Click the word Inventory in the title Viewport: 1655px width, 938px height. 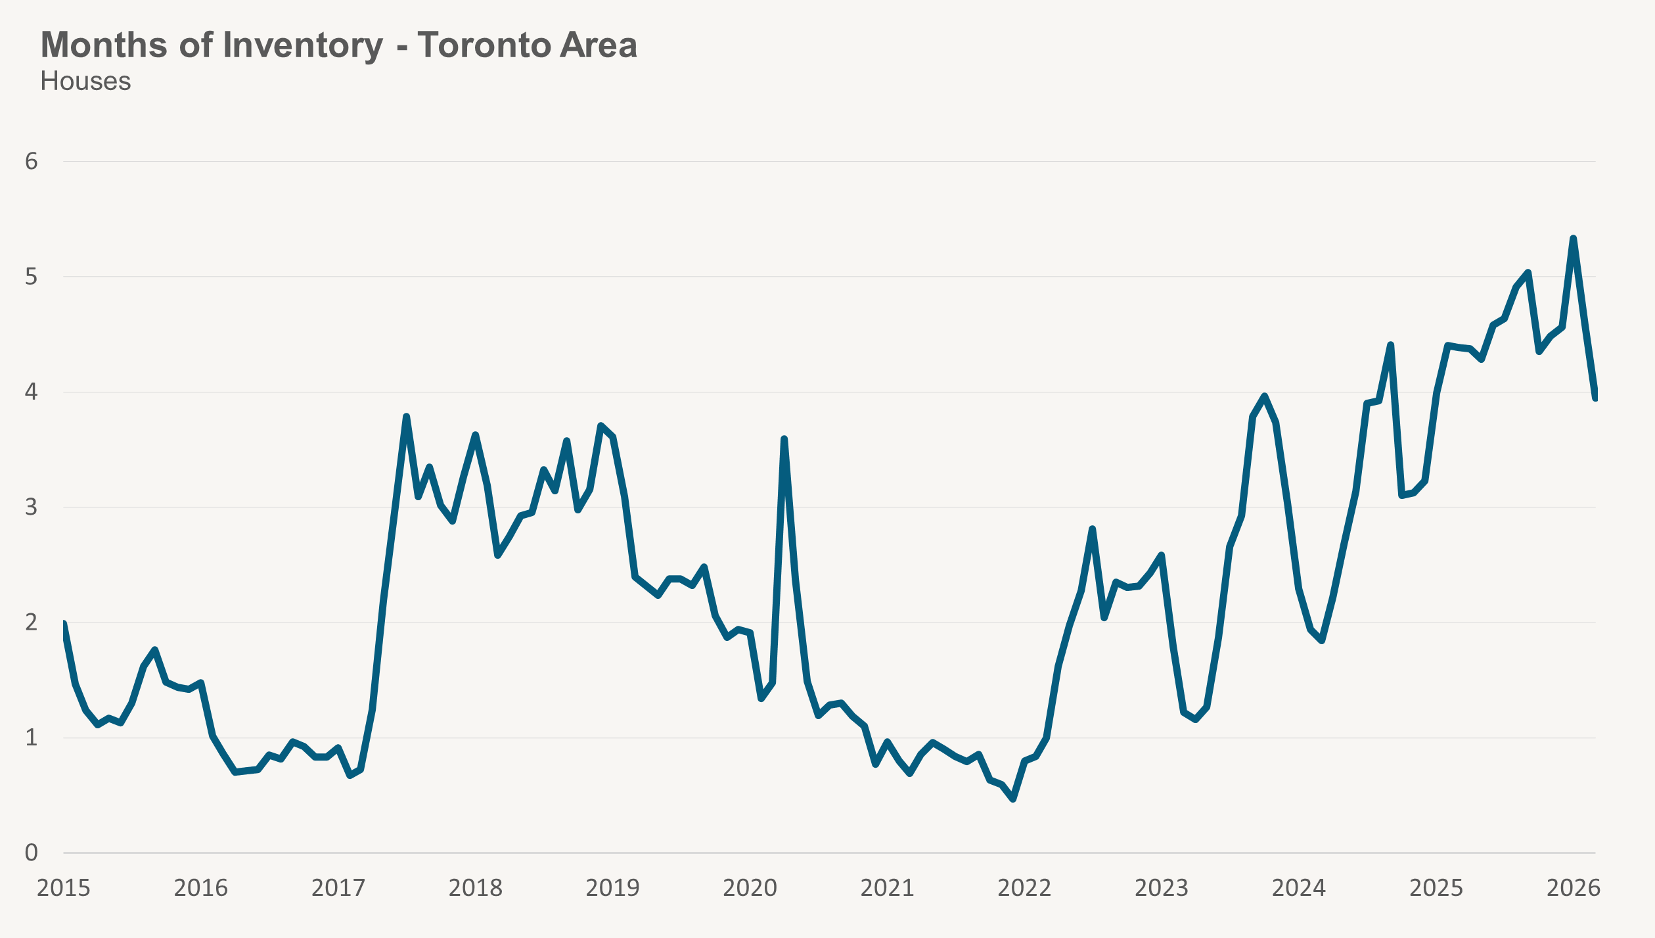coord(303,45)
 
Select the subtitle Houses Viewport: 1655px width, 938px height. coord(85,82)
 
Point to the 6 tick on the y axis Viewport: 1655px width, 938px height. coord(32,161)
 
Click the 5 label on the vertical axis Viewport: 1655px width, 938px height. coord(32,277)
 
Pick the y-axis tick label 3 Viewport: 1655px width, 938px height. coord(32,507)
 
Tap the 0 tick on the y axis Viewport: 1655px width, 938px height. coord(32,853)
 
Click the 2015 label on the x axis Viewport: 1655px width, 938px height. coord(63,888)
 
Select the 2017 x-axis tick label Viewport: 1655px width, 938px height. coord(338,888)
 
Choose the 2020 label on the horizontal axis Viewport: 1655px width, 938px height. coord(750,888)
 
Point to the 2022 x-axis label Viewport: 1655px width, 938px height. coord(1024,888)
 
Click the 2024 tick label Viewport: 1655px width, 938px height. coord(1298,888)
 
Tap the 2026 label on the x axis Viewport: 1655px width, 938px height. coord(1574,888)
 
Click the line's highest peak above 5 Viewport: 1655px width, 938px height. coord(1573,239)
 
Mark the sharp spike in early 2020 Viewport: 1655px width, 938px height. coord(784,439)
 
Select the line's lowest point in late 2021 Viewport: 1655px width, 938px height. coord(1013,799)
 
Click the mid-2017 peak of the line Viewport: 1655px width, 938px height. coord(406,417)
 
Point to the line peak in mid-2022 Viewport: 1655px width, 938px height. coord(1092,529)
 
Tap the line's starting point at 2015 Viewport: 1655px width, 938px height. coord(64,623)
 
